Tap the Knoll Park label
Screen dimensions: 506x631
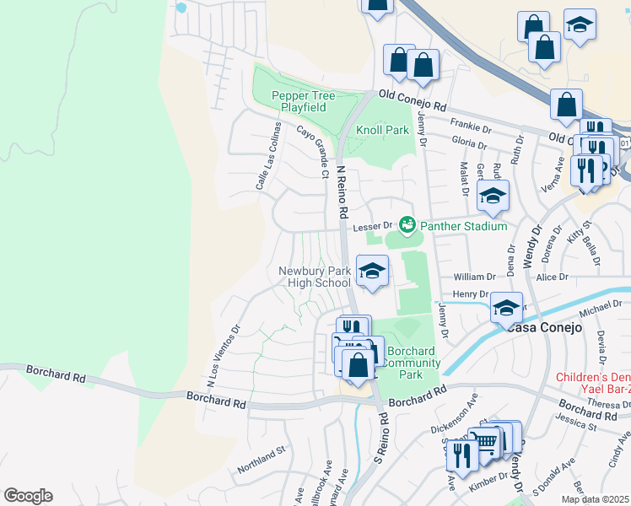(x=382, y=131)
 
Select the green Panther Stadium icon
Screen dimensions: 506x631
(x=407, y=225)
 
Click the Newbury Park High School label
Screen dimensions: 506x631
(x=315, y=277)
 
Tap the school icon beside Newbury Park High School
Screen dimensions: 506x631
(x=372, y=271)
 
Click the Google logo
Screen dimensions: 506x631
(x=27, y=496)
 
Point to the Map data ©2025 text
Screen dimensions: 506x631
(x=595, y=499)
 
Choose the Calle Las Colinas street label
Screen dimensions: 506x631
(x=267, y=154)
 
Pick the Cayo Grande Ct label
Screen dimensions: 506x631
(x=312, y=152)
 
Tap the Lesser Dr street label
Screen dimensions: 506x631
(x=373, y=226)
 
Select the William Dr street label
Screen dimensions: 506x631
(x=475, y=277)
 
